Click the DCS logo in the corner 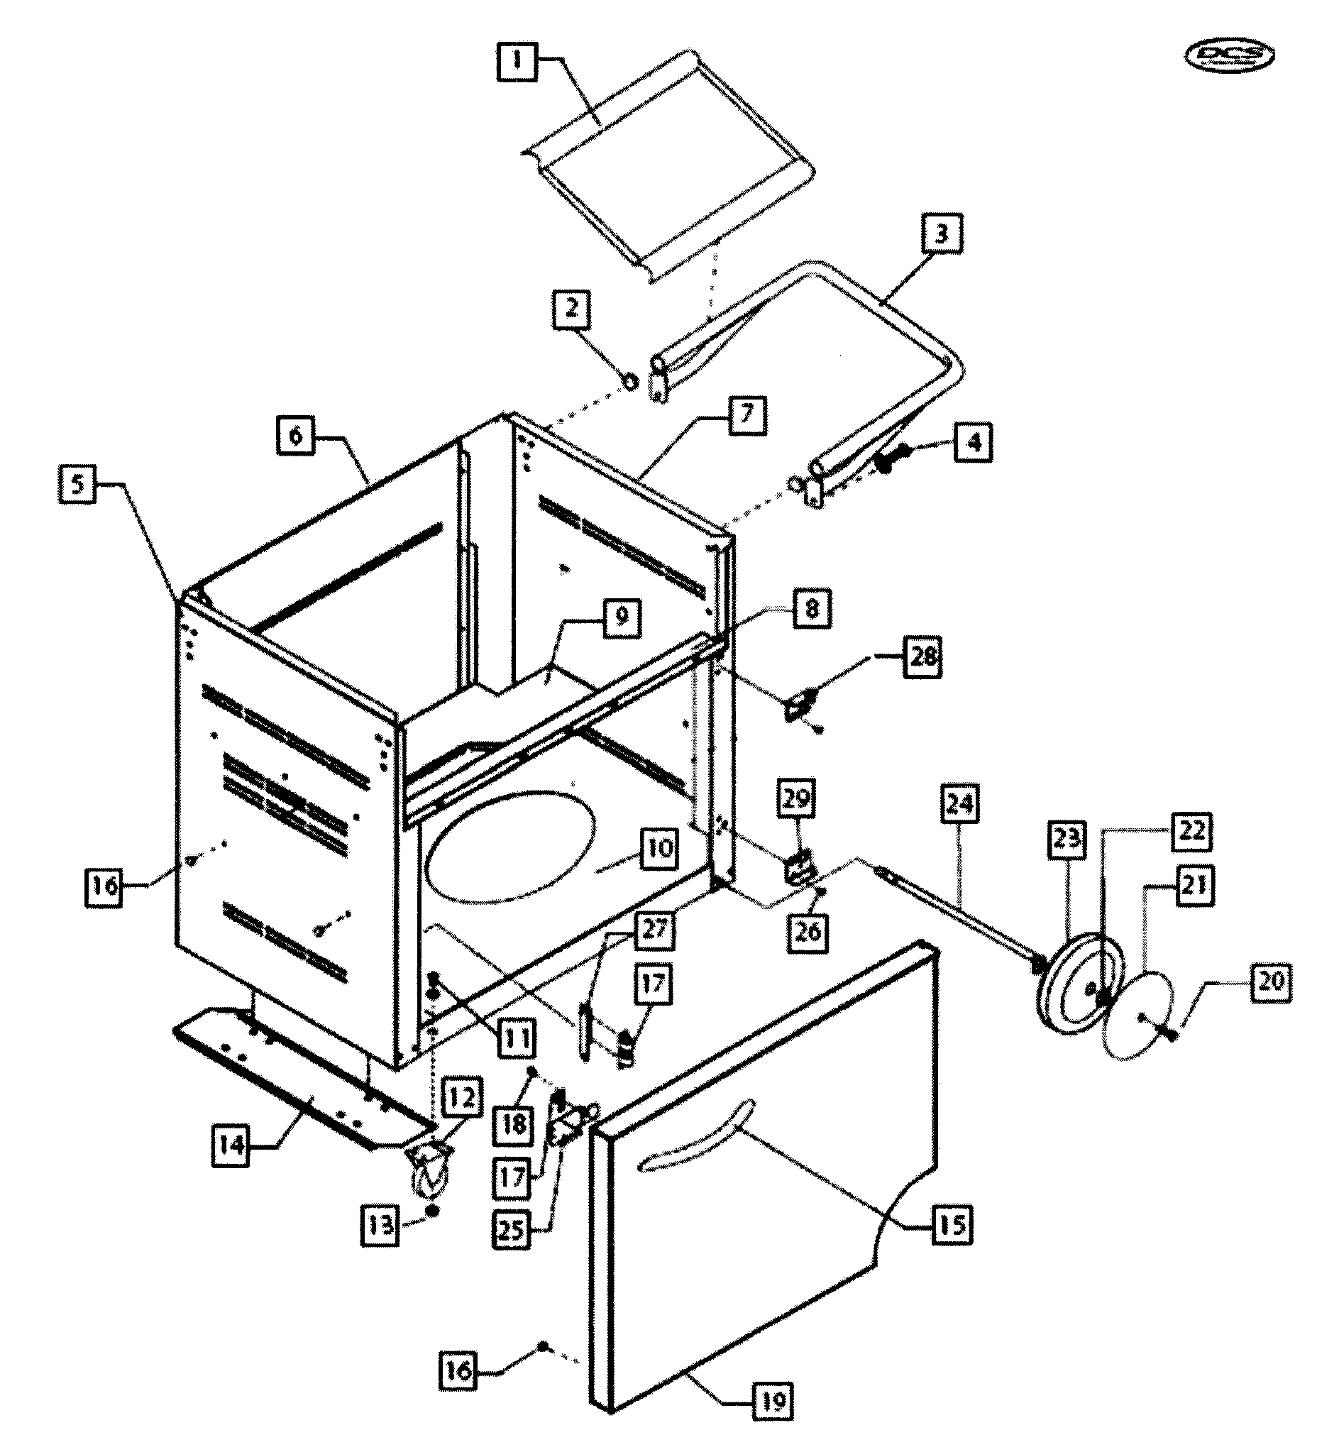tap(1228, 55)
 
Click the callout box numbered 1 tap(517, 60)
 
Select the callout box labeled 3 tap(941, 233)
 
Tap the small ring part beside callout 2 tap(630, 380)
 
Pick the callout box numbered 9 tap(622, 617)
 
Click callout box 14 tap(231, 1145)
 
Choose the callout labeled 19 tap(773, 1402)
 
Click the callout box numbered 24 tap(959, 803)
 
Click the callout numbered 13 tap(380, 1223)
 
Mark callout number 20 tap(1271, 981)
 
